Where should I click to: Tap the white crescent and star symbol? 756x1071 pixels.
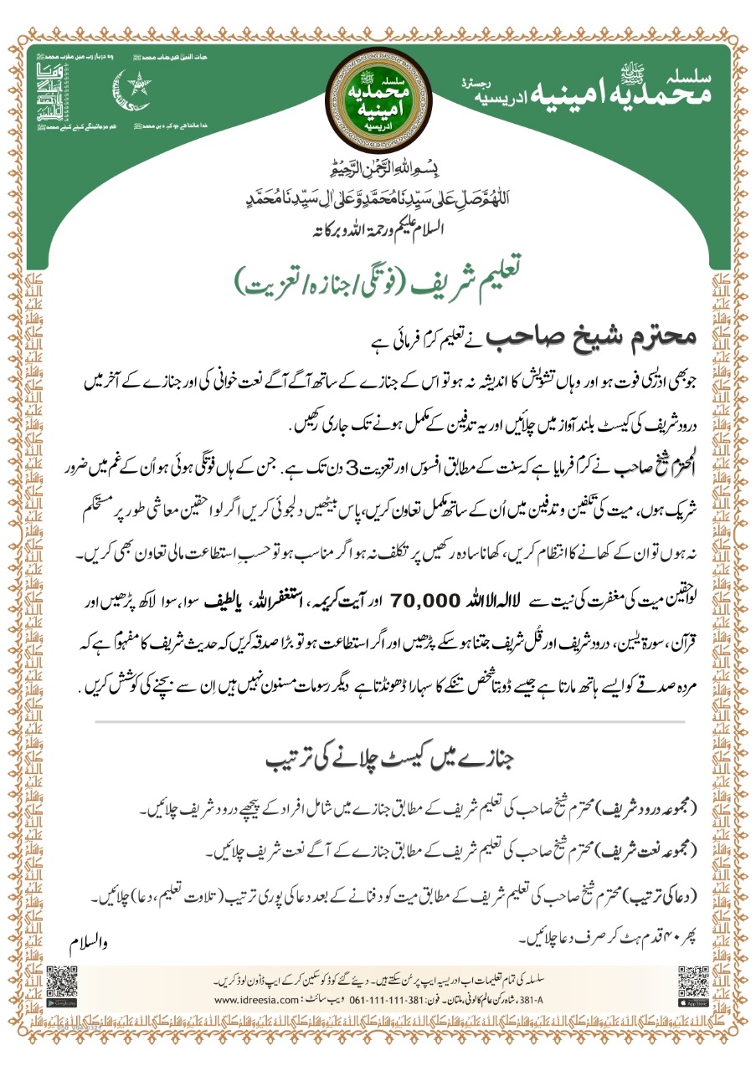[132, 90]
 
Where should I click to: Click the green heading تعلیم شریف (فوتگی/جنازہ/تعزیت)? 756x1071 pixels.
[377, 280]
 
